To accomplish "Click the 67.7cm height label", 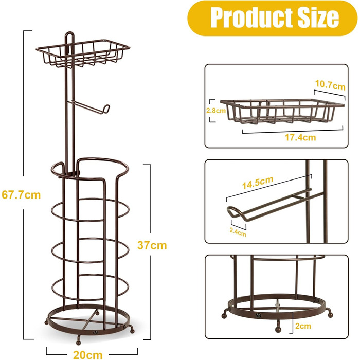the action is click(21, 195).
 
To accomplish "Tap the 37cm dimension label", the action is click(152, 245).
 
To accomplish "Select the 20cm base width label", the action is click(88, 355).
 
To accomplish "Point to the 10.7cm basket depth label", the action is click(330, 85).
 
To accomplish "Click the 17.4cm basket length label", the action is click(300, 137).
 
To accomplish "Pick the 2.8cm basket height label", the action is click(216, 111).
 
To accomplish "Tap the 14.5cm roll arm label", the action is click(258, 183).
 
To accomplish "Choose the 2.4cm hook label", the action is click(238, 232).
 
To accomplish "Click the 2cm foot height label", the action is click(303, 326).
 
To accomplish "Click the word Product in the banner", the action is click(251, 17).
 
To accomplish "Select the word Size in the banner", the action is click(318, 17).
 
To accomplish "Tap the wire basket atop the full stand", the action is click(83, 53).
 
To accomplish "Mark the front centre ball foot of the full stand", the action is click(79, 343).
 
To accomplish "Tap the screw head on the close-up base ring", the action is click(259, 315).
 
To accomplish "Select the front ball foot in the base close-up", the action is click(278, 330).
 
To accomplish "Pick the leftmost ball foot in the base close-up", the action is click(224, 316).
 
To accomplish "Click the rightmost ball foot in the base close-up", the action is click(331, 315).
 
